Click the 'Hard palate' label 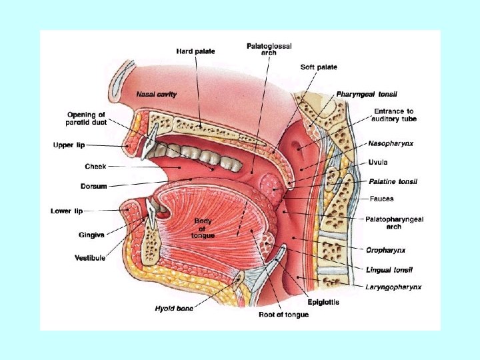click(x=195, y=52)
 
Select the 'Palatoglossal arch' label click(x=269, y=49)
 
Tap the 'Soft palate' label click(x=319, y=67)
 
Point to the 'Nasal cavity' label click(x=157, y=95)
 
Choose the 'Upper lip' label click(x=69, y=144)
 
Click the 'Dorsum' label click(x=95, y=186)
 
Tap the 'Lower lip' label click(x=67, y=211)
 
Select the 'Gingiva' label click(x=91, y=234)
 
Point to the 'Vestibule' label click(x=90, y=258)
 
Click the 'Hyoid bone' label click(x=174, y=308)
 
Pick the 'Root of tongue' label click(x=283, y=314)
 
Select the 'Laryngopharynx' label click(x=393, y=287)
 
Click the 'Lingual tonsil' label click(x=389, y=269)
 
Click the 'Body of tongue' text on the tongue click(x=203, y=228)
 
